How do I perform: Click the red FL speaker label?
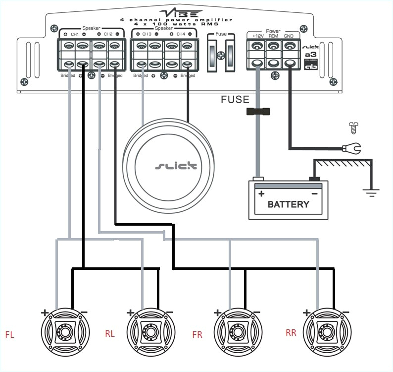coord(9,335)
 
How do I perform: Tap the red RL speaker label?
coord(110,334)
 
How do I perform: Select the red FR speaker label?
coord(197,335)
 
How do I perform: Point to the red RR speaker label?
coord(291,333)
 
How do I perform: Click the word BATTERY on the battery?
coord(288,204)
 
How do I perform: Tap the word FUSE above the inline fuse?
coord(235,100)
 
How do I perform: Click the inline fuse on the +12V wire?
coord(257,112)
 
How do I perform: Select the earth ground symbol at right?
coord(369,191)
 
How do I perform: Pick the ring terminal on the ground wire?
coord(353,147)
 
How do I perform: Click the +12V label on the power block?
coord(258,36)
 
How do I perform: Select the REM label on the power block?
coord(273,36)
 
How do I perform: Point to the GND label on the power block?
coord(289,36)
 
